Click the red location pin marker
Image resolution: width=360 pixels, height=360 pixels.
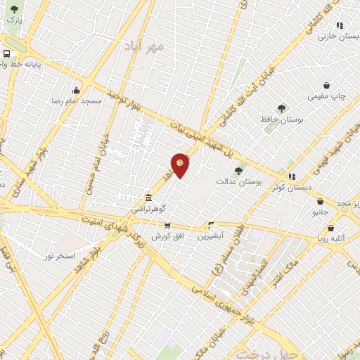pos(180,164)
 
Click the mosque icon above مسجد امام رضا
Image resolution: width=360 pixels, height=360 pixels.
pos(76,90)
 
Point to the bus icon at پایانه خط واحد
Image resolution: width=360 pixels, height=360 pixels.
pos(6,53)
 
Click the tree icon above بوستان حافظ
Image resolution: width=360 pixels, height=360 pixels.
pos(282,108)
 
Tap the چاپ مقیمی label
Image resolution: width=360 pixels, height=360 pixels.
pos(328,96)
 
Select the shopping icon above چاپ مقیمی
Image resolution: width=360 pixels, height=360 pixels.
pos(327,84)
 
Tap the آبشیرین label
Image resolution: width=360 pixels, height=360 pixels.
pos(211,237)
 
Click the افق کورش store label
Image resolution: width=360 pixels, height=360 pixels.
pos(168,236)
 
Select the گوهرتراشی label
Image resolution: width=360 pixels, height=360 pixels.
pos(148,210)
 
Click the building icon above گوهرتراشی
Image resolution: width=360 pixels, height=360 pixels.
pos(148,198)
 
